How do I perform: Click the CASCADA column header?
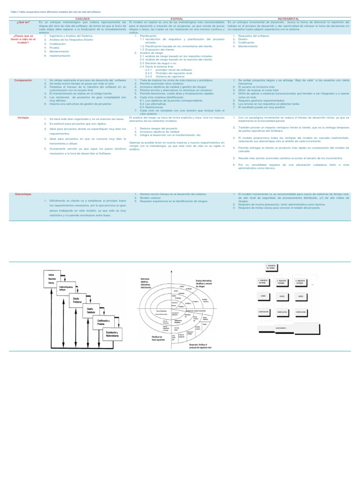tap(82, 18)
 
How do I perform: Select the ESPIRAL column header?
tap(177, 18)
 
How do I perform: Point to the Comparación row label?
tap(23, 80)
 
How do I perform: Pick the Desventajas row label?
tap(23, 194)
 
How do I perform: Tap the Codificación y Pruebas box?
tap(104, 322)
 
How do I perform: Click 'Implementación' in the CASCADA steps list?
tap(60, 55)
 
